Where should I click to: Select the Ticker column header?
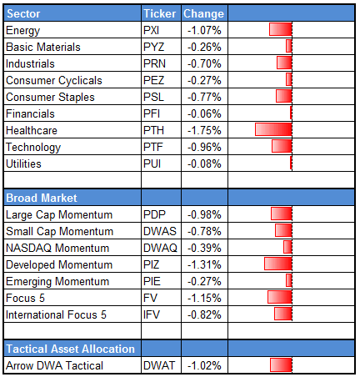(x=158, y=14)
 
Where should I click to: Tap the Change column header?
(x=202, y=14)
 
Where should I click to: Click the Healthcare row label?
(x=31, y=130)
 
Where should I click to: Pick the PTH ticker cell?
(x=153, y=130)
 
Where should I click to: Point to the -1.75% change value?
(x=202, y=130)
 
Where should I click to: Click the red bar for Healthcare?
(x=273, y=130)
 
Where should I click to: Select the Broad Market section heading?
(x=42, y=198)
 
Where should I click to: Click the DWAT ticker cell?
(x=158, y=364)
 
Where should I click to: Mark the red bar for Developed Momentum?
(x=277, y=264)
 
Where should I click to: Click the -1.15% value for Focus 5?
(x=202, y=297)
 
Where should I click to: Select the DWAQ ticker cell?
(x=159, y=247)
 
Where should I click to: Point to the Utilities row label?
(x=24, y=163)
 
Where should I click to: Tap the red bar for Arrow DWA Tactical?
(x=281, y=364)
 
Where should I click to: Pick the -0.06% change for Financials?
(x=202, y=113)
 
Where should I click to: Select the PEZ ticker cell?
(x=153, y=80)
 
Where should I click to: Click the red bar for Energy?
(x=280, y=30)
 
